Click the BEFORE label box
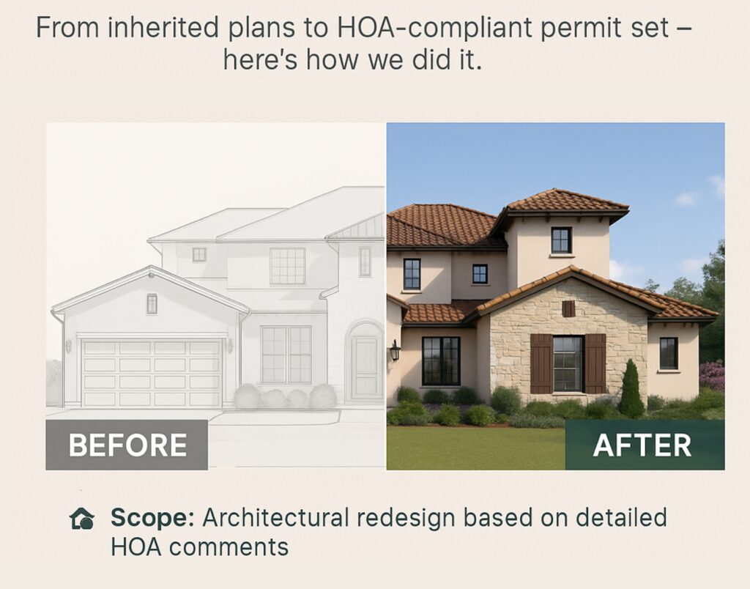coord(127,445)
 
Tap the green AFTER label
coord(645,445)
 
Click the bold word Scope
coord(152,518)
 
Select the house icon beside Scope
coord(82,519)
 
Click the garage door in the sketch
coord(152,373)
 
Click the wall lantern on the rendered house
coord(395,350)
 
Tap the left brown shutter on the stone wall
coord(541,363)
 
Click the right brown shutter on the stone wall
coord(595,363)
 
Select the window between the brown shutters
coord(568,364)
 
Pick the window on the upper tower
coord(561,240)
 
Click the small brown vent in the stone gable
coord(568,308)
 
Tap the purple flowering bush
coord(712,376)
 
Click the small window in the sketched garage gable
coord(152,304)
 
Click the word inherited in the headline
coord(163,27)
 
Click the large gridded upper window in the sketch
coord(287,266)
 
